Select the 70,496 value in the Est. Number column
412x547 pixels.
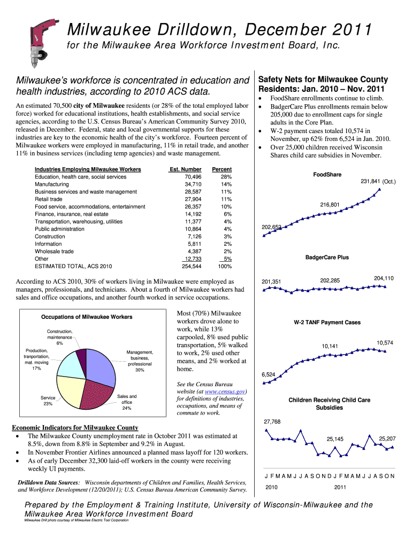coord(193,177)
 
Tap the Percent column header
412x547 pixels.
coord(222,169)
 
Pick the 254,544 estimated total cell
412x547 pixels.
coord(192,266)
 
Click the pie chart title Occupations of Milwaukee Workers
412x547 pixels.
coord(87,317)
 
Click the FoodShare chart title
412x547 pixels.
coord(327,174)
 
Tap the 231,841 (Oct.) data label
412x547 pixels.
coord(377,182)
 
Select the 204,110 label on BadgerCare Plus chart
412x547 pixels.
coord(384,278)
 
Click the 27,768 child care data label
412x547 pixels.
coord(272,422)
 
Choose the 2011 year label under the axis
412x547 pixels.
coord(340,487)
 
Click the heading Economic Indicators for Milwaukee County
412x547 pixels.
coord(75,428)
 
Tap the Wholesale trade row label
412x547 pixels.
coord(54,251)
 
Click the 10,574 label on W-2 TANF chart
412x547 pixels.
coord(385,342)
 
